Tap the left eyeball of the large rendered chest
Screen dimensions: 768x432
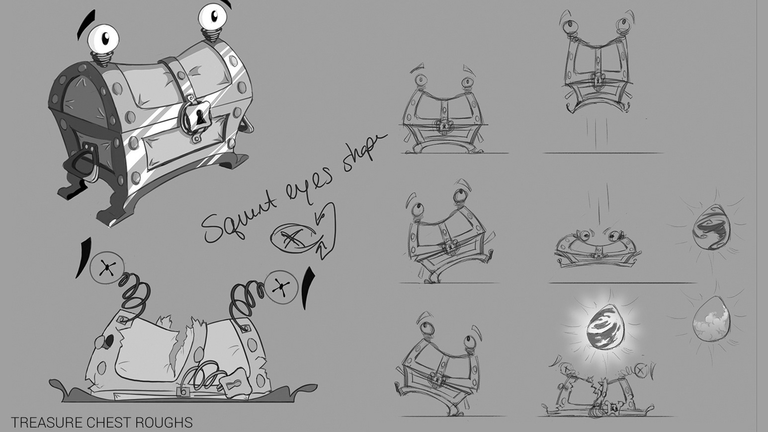tap(103, 38)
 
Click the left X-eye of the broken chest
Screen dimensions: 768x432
tap(107, 268)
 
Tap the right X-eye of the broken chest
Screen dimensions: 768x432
tap(281, 287)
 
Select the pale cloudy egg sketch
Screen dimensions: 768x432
tap(711, 319)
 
